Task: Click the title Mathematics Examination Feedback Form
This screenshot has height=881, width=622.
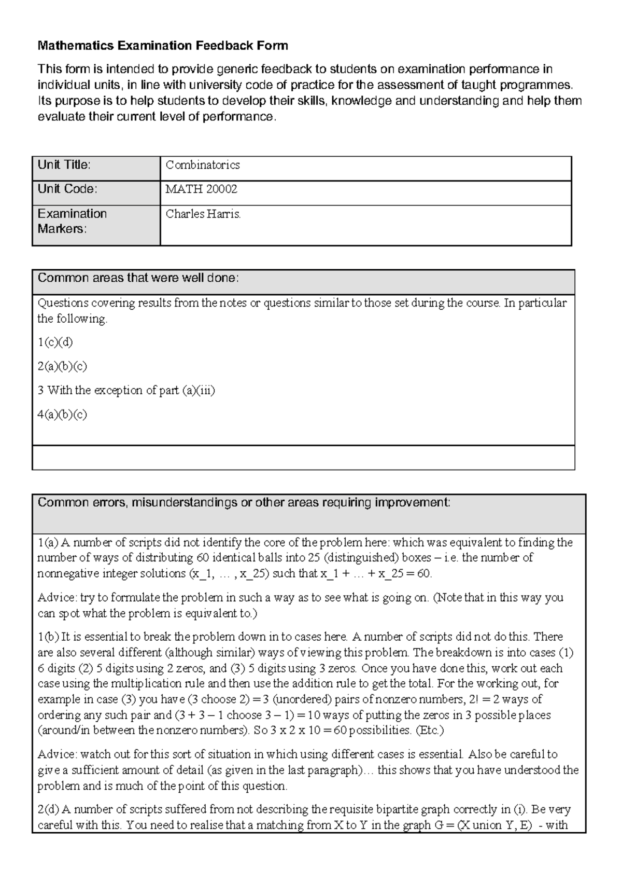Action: pyautogui.click(x=163, y=46)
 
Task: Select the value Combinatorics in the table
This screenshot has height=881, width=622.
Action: pyautogui.click(x=202, y=165)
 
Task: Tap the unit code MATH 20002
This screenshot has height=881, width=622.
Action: pyautogui.click(x=201, y=189)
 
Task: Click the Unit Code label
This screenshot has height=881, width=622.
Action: pyautogui.click(x=67, y=189)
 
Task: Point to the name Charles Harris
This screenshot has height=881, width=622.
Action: pyautogui.click(x=203, y=214)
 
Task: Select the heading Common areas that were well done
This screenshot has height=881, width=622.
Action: pyautogui.click(x=138, y=278)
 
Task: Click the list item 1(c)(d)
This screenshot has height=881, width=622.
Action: pyautogui.click(x=55, y=342)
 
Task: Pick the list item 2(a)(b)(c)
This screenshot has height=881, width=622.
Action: pyautogui.click(x=62, y=366)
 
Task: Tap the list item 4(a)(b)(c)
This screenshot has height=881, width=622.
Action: pyautogui.click(x=62, y=415)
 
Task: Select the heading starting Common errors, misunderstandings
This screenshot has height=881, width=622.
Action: pyautogui.click(x=244, y=502)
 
